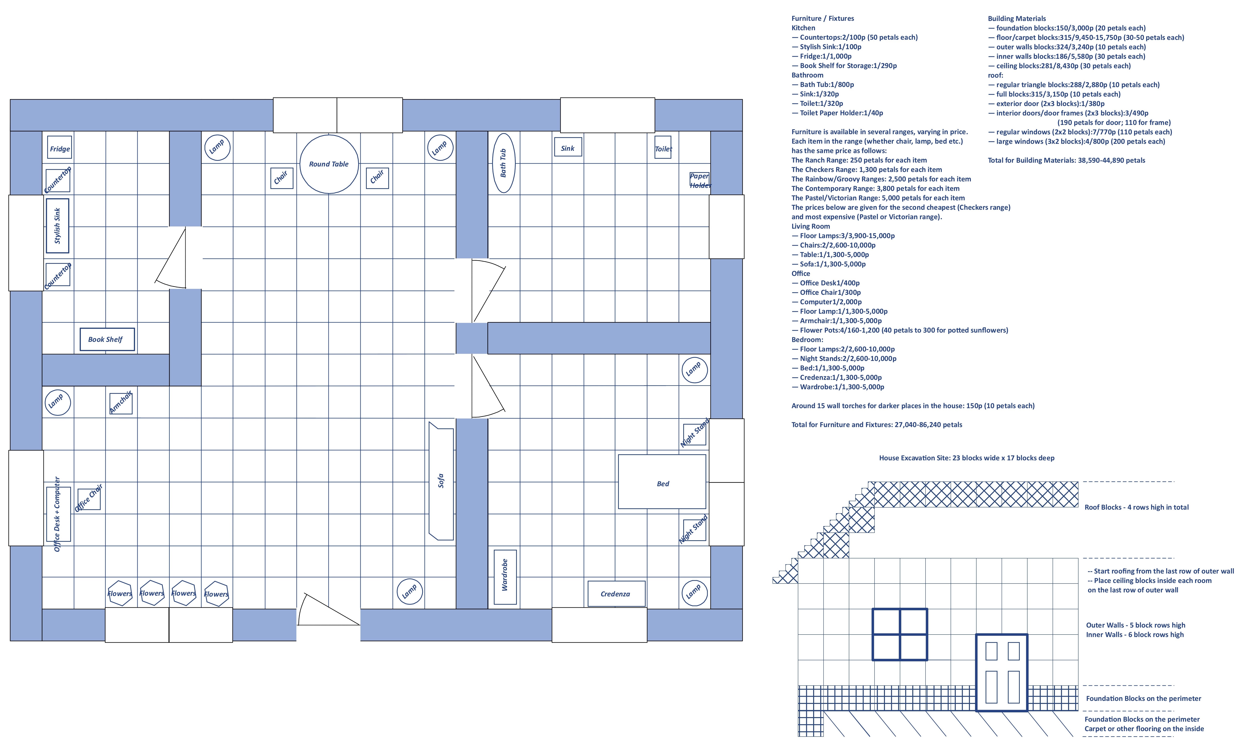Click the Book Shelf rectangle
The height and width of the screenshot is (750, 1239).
click(107, 340)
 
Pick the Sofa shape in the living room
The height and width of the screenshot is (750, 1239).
click(441, 481)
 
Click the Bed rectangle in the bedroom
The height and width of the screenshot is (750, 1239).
click(662, 482)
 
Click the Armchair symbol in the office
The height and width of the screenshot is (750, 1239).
click(121, 403)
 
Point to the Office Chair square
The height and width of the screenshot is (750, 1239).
click(89, 498)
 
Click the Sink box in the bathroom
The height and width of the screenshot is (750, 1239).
click(568, 147)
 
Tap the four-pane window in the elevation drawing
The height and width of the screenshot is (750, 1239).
click(900, 634)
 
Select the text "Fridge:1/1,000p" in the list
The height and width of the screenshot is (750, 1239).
click(826, 56)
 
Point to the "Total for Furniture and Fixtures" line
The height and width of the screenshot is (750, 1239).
click(877, 425)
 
